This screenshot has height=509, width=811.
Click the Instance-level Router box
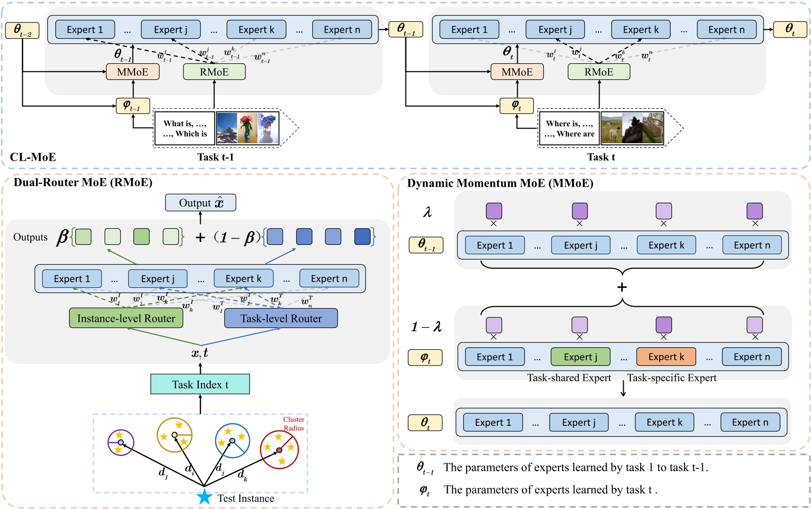pyautogui.click(x=126, y=318)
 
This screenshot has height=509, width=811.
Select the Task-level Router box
pyautogui.click(x=281, y=318)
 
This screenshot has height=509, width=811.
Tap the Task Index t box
pyautogui.click(x=200, y=384)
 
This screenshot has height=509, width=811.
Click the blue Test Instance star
pyautogui.click(x=204, y=497)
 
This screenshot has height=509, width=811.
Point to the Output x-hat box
pyautogui.click(x=200, y=203)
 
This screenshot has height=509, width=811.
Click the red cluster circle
pyautogui.click(x=279, y=449)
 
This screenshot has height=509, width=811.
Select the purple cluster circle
pyautogui.click(x=121, y=442)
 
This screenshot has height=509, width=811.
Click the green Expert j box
pyautogui.click(x=580, y=357)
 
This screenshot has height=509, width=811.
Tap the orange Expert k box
pyautogui.click(x=666, y=357)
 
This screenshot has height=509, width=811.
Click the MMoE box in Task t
pyautogui.click(x=517, y=72)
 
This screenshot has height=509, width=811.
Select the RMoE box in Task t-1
pyautogui.click(x=214, y=72)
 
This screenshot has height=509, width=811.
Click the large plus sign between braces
pyautogui.click(x=622, y=287)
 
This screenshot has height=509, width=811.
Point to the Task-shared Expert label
pyautogui.click(x=569, y=378)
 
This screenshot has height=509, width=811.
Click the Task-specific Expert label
pyautogui.click(x=671, y=378)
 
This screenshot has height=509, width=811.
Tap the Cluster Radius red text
pyautogui.click(x=293, y=423)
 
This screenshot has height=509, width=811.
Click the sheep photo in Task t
pyautogui.click(x=611, y=128)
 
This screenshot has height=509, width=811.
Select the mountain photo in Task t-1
pyautogui.click(x=227, y=128)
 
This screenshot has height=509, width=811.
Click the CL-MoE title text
pyautogui.click(x=33, y=157)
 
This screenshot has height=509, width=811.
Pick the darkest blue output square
pyautogui.click(x=362, y=236)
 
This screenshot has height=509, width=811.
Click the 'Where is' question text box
pyautogui.click(x=569, y=129)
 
